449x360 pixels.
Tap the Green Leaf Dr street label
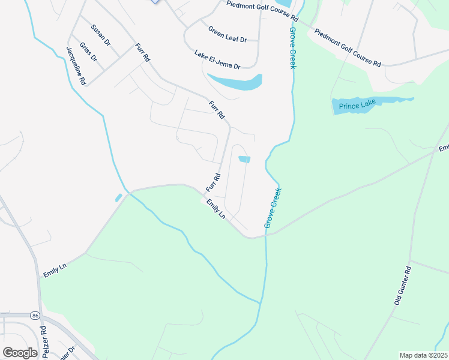pos(228,34)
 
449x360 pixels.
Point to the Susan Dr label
pos(101,35)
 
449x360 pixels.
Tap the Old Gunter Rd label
pos(402,285)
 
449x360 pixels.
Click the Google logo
pos(20,353)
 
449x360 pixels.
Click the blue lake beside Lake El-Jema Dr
pos(236,82)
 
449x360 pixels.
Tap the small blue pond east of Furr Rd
pos(244,159)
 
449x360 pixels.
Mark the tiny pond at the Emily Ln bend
pos(119,197)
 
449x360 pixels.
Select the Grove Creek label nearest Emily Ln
pos(273,208)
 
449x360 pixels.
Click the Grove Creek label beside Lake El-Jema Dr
pos(293,47)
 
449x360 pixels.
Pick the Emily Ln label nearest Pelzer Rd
pos(54,270)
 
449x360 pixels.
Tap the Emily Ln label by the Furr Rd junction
pos(215,209)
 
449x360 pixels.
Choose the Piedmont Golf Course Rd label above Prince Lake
pos(348,47)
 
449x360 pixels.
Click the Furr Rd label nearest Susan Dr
pos(142,53)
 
